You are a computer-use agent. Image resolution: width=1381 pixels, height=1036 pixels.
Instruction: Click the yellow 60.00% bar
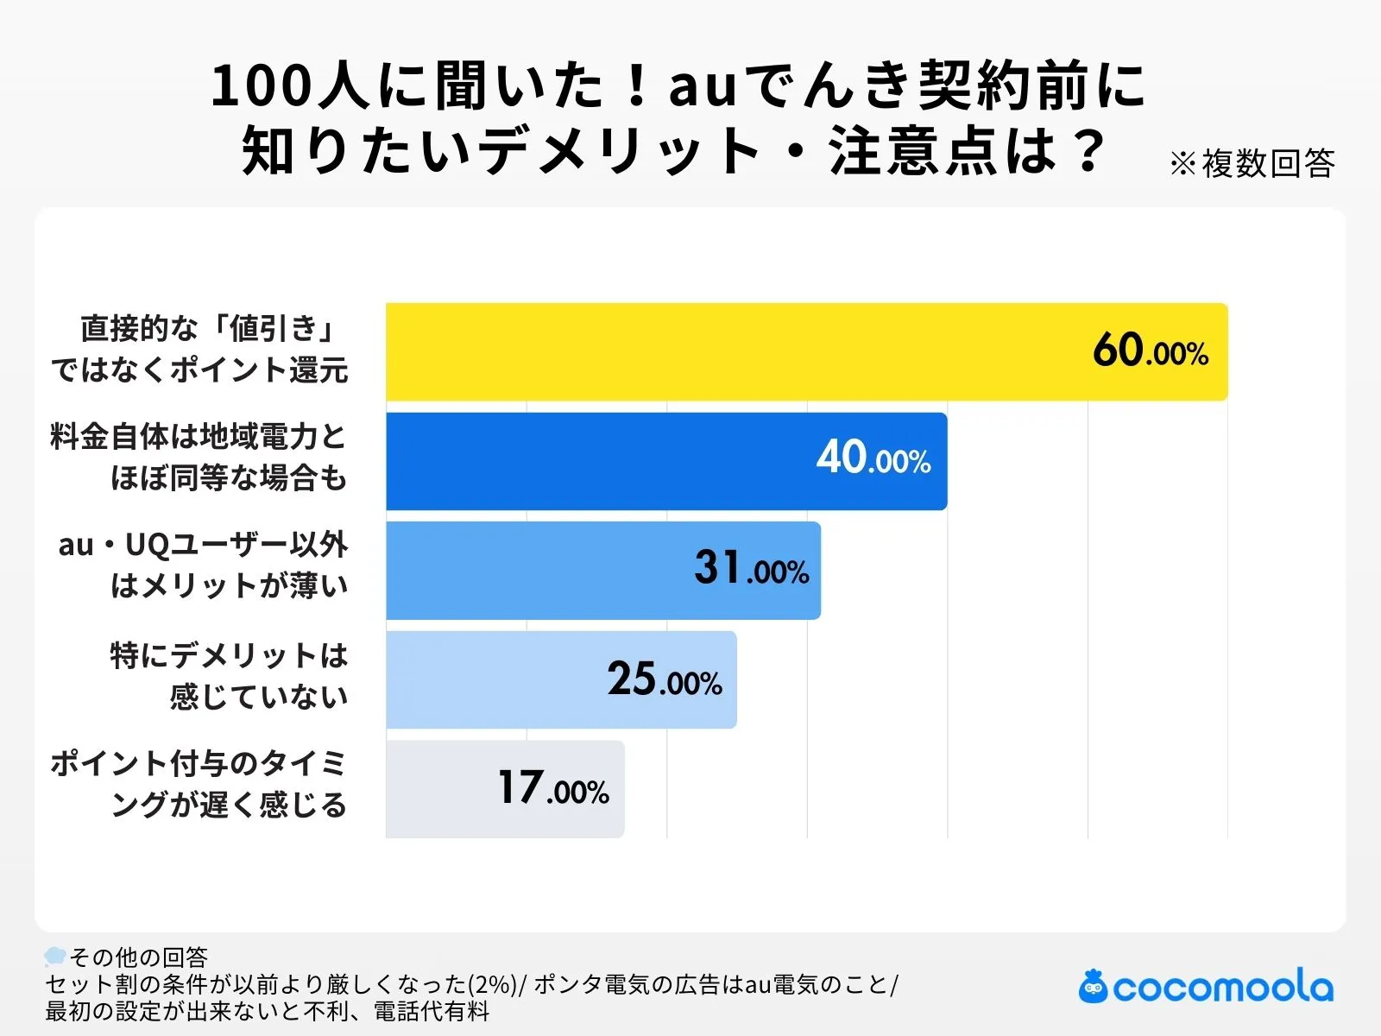pyautogui.click(x=734, y=351)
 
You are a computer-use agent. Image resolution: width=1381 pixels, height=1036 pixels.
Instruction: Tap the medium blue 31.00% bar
pyautogui.click(x=535, y=571)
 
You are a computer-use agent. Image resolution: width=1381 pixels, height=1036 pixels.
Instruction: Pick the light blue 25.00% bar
pyautogui.click(x=492, y=680)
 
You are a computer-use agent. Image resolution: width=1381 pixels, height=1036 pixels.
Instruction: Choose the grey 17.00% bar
pyautogui.click(x=440, y=789)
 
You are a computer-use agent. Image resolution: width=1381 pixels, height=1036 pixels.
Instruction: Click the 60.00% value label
pyautogui.click(x=1150, y=351)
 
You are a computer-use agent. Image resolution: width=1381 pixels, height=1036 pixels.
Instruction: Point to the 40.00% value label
pyautogui.click(x=873, y=458)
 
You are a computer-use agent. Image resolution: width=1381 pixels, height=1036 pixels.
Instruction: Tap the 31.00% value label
pyautogui.click(x=751, y=569)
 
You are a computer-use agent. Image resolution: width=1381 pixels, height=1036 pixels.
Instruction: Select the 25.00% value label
pyautogui.click(x=664, y=679)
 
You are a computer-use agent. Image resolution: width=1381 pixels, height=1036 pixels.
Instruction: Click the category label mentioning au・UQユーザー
pyautogui.click(x=204, y=565)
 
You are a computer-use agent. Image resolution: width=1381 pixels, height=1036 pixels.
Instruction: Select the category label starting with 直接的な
pyautogui.click(x=200, y=350)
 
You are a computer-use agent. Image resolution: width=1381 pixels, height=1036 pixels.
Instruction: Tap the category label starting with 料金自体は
pyautogui.click(x=199, y=458)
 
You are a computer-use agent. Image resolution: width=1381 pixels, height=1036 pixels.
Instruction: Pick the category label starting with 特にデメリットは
pyautogui.click(x=230, y=676)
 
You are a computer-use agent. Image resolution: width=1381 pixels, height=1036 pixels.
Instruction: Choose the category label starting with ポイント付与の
pyautogui.click(x=199, y=785)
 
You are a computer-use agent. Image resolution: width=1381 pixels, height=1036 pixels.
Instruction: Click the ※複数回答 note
pyautogui.click(x=1252, y=164)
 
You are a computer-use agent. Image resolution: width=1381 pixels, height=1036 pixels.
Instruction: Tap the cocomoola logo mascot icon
pyautogui.click(x=1094, y=987)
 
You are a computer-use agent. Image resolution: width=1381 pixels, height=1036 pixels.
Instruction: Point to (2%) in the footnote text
pyautogui.click(x=493, y=984)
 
